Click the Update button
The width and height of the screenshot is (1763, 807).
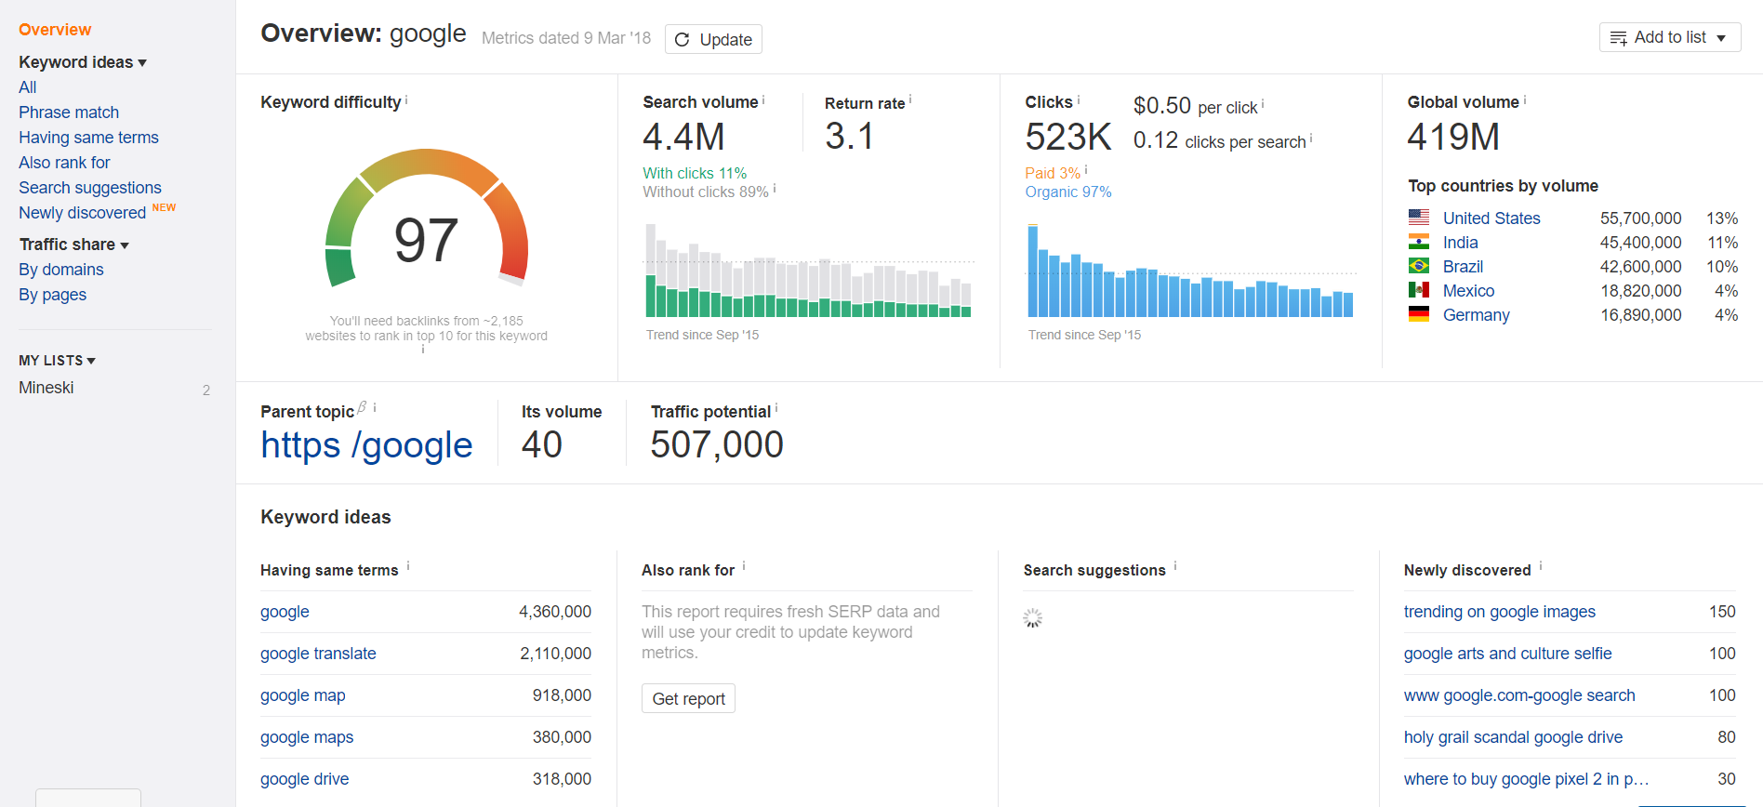point(713,39)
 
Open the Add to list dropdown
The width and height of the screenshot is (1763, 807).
point(1669,37)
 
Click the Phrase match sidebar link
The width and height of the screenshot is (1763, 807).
point(69,112)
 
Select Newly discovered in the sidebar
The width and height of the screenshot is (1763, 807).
point(82,213)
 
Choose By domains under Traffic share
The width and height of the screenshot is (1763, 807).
point(61,270)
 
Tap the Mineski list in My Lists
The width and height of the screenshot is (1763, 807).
point(46,388)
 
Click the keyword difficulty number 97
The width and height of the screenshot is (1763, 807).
point(426,240)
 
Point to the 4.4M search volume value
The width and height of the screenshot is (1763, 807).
point(683,137)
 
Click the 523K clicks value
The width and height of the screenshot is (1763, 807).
point(1067,137)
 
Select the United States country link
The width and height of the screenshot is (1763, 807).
point(1491,218)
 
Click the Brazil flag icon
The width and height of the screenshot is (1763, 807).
point(1419,266)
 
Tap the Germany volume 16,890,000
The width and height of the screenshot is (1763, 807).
point(1640,315)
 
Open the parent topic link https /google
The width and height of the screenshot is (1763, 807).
point(366,445)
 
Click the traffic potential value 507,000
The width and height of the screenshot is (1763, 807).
point(717,444)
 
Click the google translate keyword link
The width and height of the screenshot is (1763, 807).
point(318,654)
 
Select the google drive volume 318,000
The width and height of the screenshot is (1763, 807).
point(562,779)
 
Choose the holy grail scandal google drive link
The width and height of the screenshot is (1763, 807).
point(1513,737)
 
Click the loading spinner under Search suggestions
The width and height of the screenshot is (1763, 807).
point(1033,618)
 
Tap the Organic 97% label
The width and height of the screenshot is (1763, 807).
point(1067,192)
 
